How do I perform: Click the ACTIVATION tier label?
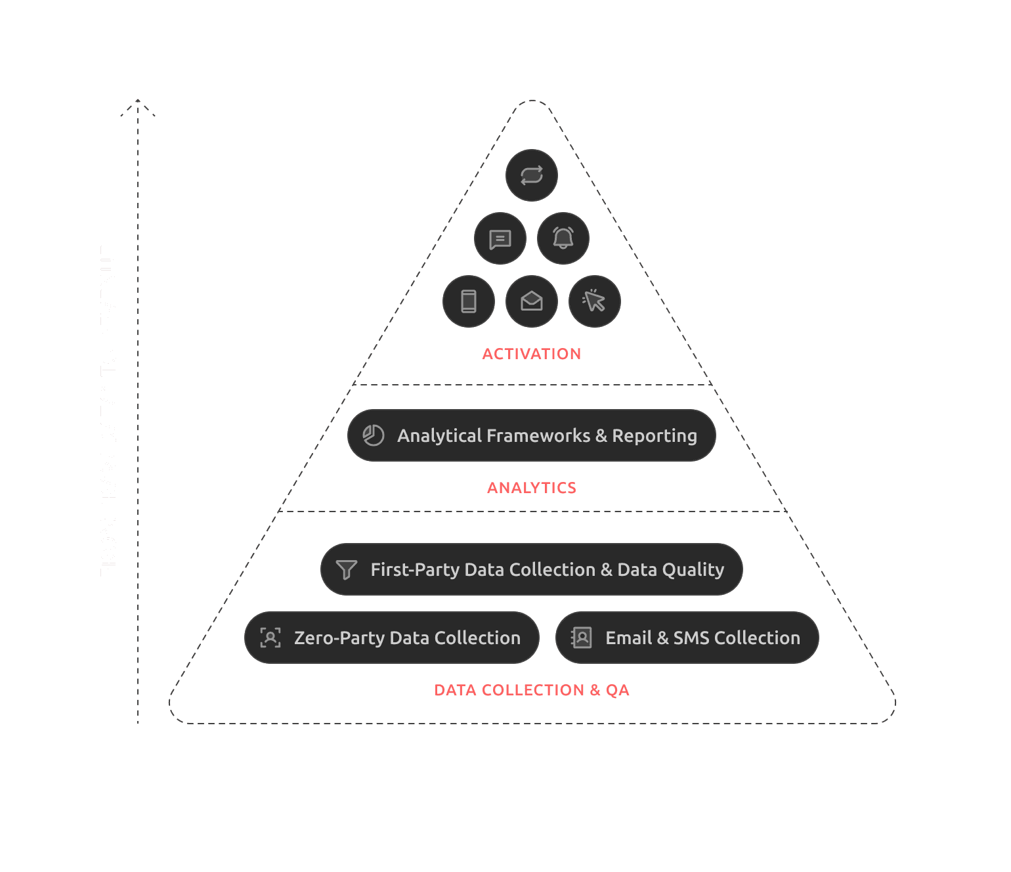pos(531,354)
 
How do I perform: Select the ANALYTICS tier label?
pos(531,488)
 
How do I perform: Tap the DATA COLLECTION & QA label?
pos(531,690)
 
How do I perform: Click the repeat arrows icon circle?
pos(531,175)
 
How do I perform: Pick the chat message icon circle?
pos(500,238)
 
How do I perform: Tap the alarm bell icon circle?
pos(563,238)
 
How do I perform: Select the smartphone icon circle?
pos(468,301)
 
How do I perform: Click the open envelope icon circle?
pos(531,301)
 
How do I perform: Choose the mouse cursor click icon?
pos(594,301)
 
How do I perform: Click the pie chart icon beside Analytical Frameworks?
pos(374,435)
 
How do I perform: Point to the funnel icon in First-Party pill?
pos(346,569)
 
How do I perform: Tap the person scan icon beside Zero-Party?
pos(270,638)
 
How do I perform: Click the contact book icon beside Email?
pos(582,638)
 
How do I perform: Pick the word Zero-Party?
pos(339,638)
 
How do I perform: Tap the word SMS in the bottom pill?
pos(691,638)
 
